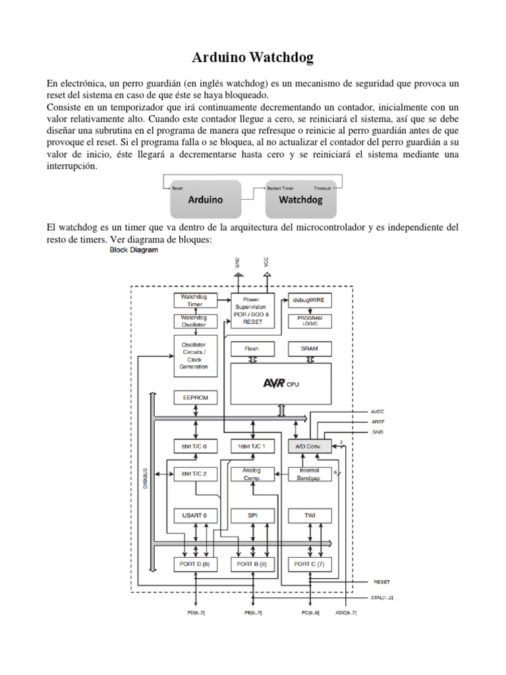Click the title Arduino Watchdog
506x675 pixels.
[x=253, y=59]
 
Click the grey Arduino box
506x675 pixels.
[x=206, y=198]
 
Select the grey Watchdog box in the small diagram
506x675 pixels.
[x=300, y=198]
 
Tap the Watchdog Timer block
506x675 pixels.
[x=195, y=301]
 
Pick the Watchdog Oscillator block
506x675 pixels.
[x=195, y=321]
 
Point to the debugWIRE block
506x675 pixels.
[x=310, y=300]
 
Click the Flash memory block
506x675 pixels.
[x=252, y=348]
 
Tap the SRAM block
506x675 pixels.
[x=310, y=348]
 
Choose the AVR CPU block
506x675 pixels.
[x=281, y=384]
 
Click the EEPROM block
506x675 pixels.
[x=195, y=398]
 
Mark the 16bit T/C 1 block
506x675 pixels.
[x=252, y=446]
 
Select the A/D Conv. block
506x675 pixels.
[x=310, y=446]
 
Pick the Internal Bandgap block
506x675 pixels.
[x=310, y=474]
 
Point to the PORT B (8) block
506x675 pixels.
[x=252, y=564]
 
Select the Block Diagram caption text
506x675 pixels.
[x=133, y=250]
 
